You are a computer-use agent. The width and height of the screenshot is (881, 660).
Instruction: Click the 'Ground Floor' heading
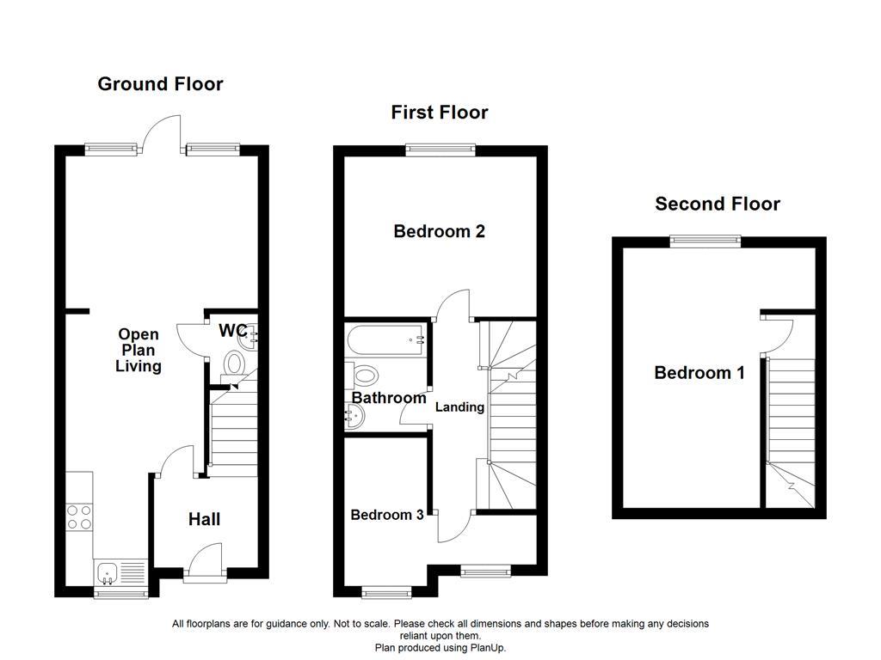coord(160,84)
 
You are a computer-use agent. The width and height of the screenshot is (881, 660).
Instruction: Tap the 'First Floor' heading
coord(439,113)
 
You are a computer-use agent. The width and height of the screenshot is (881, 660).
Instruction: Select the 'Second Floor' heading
coord(718,204)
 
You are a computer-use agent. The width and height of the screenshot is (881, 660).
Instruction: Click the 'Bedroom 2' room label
coord(439,231)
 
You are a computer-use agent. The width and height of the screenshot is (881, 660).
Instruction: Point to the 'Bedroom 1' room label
coord(699,373)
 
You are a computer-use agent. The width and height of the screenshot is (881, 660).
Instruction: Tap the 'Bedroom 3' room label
coord(386,515)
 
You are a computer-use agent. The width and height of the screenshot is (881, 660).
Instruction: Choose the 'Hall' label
coord(205,519)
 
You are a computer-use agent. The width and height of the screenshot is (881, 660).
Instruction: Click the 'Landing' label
coord(459,407)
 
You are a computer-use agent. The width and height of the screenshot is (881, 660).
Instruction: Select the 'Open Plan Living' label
coord(139,351)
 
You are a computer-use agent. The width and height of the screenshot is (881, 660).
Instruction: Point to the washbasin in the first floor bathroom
coord(354,418)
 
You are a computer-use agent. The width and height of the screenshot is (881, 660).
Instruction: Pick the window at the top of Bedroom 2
coord(440,150)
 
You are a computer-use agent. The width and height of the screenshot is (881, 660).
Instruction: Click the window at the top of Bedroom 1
coord(706,241)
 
